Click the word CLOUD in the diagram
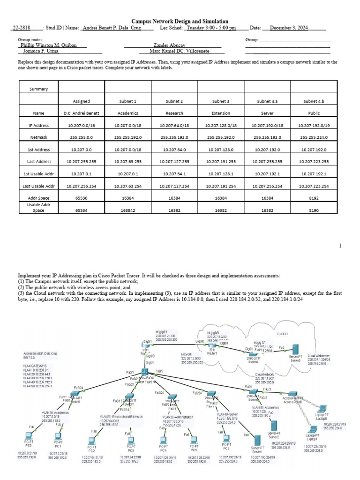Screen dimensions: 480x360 283,334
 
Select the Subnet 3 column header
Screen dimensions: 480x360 221,101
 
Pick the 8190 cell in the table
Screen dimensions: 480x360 314,211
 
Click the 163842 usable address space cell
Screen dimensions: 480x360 128,211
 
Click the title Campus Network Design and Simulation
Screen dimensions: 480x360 180,21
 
